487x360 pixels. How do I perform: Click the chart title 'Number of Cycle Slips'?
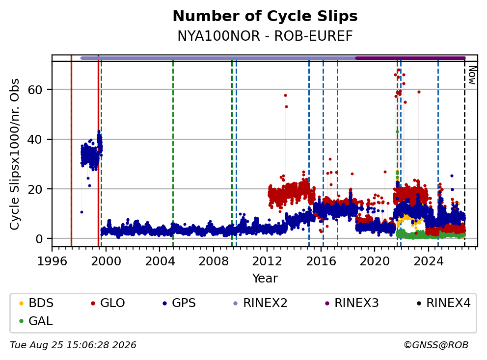pyautogui.click(x=265, y=16)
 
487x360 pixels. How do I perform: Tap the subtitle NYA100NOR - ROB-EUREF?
pyautogui.click(x=265, y=36)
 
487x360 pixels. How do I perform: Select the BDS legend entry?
pyautogui.click(x=36, y=303)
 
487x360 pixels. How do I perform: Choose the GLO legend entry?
pyautogui.click(x=108, y=303)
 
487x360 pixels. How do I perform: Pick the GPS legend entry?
pyautogui.click(x=179, y=303)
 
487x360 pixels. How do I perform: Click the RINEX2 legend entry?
pyautogui.click(x=260, y=303)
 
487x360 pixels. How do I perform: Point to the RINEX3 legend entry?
pyautogui.click(x=352, y=303)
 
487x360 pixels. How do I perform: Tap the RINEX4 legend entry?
pyautogui.click(x=443, y=303)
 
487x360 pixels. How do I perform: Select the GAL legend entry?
pyautogui.click(x=36, y=321)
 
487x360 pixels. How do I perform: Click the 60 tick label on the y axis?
pyautogui.click(x=35, y=90)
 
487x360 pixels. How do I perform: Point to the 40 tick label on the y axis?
pyautogui.click(x=35, y=139)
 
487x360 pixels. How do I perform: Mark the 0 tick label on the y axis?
pyautogui.click(x=39, y=239)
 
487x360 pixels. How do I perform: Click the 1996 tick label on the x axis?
pyautogui.click(x=52, y=261)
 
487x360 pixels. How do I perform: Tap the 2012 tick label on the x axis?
pyautogui.click(x=267, y=261)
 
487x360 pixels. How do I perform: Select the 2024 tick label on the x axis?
pyautogui.click(x=428, y=261)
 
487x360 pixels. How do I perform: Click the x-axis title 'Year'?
pyautogui.click(x=265, y=278)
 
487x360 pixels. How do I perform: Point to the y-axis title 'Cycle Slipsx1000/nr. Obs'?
pyautogui.click(x=14, y=154)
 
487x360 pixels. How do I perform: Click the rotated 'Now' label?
pyautogui.click(x=472, y=75)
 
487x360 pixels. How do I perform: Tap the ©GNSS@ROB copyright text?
pyautogui.click(x=436, y=345)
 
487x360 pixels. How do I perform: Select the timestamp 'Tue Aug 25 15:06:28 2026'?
pyautogui.click(x=73, y=345)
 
